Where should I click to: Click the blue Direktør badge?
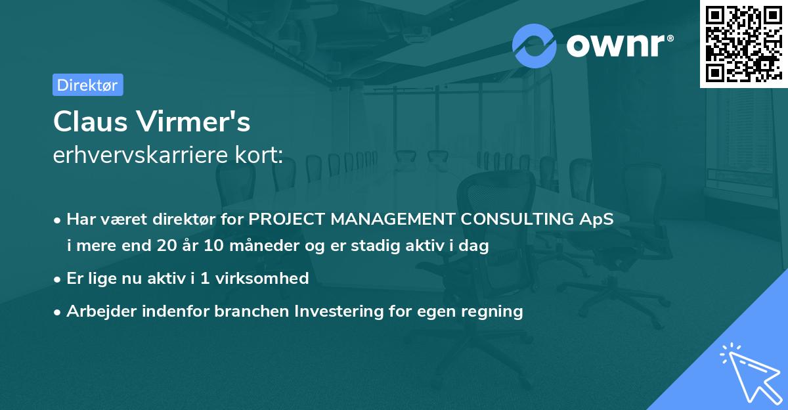tap(88, 85)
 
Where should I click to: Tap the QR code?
tap(744, 44)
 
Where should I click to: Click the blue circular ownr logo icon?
tap(534, 46)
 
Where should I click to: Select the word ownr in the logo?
tap(615, 46)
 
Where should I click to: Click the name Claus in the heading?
tap(91, 122)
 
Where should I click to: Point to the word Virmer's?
tap(194, 122)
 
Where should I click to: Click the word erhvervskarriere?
tap(141, 154)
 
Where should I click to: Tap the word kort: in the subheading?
tap(259, 154)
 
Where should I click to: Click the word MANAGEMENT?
tap(393, 219)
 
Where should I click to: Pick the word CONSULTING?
tap(517, 219)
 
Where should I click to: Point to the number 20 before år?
tap(167, 245)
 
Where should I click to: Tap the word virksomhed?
tap(262, 278)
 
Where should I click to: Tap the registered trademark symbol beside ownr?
tap(670, 38)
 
